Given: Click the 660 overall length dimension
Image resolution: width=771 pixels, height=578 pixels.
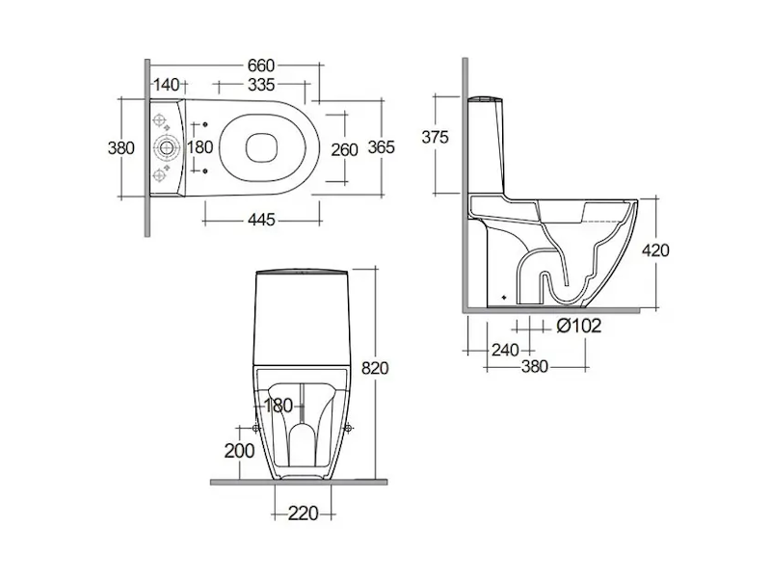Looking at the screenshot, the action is (261, 66).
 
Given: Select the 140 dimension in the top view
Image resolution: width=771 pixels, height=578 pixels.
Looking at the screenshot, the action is (167, 85).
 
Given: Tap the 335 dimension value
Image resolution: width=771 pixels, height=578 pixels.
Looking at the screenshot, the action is (261, 85).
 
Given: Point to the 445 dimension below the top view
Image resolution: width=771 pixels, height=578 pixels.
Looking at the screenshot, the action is (261, 220).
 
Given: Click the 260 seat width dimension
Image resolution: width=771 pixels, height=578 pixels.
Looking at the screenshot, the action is (344, 149).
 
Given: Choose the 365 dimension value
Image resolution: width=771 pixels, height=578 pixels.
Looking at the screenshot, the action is (382, 147).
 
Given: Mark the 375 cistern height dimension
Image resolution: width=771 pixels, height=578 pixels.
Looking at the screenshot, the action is (436, 137).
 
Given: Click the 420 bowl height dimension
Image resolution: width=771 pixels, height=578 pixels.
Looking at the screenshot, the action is (656, 250).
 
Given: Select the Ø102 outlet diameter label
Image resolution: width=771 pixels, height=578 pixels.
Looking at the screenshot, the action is (579, 326).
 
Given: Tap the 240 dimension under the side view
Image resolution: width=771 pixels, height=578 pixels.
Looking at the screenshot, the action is (505, 350).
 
